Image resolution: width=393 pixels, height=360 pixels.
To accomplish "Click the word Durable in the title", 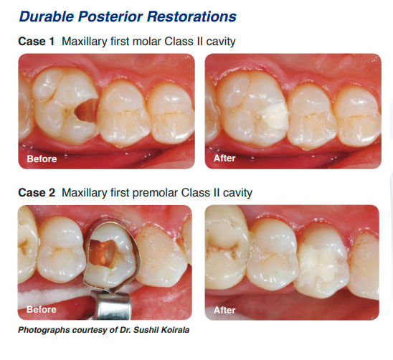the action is coord(47,16).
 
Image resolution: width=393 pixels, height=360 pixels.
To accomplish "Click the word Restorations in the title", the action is coord(191,16).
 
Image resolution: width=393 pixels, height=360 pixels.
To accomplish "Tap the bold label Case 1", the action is coord(36,42).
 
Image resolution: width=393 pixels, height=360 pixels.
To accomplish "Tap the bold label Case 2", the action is coord(37,193).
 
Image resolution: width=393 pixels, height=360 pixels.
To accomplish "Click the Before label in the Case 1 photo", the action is coord(42,159).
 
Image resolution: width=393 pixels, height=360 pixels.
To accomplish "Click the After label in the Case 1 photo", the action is coord(224,158).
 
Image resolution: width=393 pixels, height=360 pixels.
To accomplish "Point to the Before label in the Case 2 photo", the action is coord(42,309).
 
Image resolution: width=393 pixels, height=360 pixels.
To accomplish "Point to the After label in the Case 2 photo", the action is coord(224,310).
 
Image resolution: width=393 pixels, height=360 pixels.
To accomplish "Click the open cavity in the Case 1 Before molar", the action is coord(87,110).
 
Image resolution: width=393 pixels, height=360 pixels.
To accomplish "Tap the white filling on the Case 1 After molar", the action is coord(275,117).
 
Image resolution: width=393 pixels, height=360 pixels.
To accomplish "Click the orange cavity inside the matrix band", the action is coord(103,252).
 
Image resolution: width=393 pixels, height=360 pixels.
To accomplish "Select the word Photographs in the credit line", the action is coord(44,330).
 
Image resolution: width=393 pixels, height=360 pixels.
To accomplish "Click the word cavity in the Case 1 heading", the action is coord(221,42).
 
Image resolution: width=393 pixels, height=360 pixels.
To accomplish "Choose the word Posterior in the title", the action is coord(110,16).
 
